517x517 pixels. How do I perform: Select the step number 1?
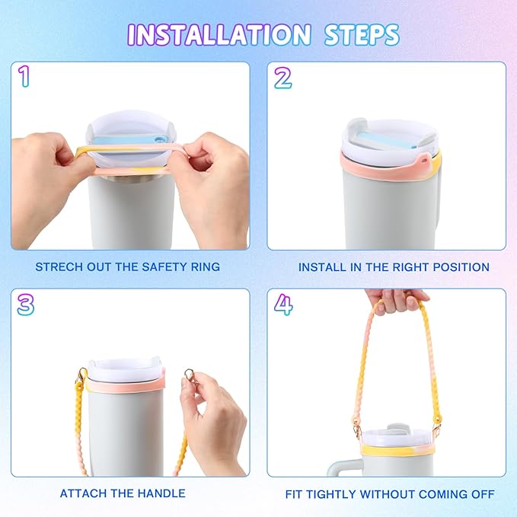[25, 76]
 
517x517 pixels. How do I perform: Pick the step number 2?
[282, 76]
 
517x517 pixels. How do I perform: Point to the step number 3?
[25, 304]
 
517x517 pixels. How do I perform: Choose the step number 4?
[282, 304]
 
